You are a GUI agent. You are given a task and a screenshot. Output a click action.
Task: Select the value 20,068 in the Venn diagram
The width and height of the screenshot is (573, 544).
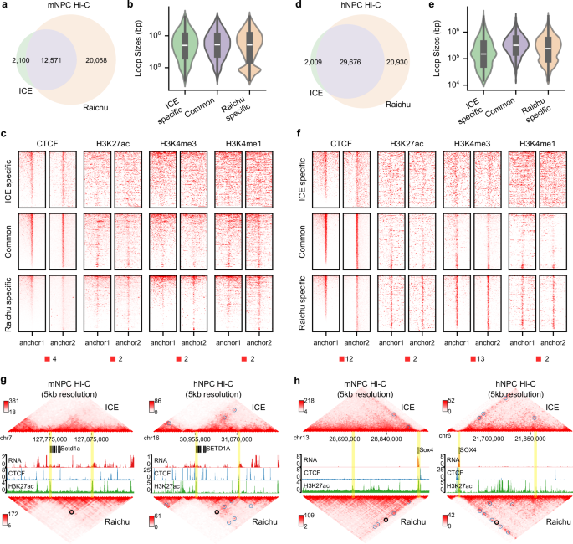(x=108, y=60)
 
